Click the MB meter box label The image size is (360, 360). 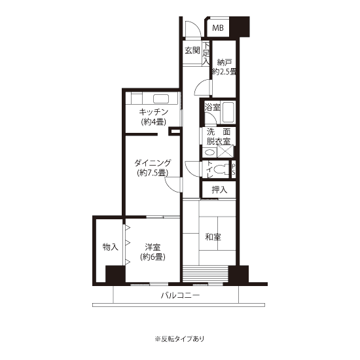point(218,28)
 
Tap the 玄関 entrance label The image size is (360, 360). point(192,50)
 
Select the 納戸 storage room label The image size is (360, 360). point(224,62)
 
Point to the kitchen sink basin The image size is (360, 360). point(161,99)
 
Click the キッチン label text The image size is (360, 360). point(154,112)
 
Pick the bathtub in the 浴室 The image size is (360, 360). point(228,113)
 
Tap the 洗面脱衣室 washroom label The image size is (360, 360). point(219,137)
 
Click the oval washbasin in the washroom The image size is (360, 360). point(209,153)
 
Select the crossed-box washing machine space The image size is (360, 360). point(225,152)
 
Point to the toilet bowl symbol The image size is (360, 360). point(221,170)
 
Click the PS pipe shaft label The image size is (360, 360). point(234,170)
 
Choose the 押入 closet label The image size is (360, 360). point(219,190)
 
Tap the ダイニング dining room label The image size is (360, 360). point(153,163)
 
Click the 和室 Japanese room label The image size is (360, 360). point(213,237)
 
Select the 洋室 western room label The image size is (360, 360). point(153,247)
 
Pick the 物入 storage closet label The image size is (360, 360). point(110,247)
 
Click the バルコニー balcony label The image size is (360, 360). point(180,295)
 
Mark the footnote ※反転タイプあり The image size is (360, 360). point(179,338)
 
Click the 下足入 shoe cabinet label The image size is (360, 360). point(206,53)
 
